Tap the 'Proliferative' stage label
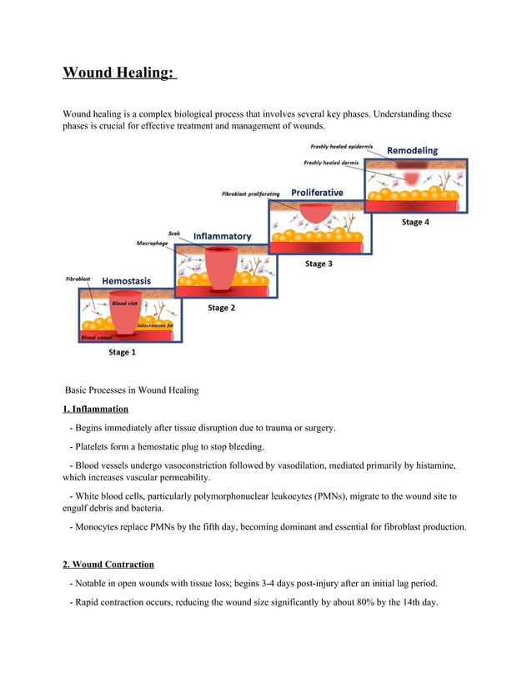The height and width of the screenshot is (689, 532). [x=317, y=193]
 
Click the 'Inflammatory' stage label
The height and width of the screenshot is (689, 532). [x=222, y=236]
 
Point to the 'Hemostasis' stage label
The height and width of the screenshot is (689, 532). [x=126, y=281]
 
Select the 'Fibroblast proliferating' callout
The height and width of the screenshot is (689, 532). [x=250, y=194]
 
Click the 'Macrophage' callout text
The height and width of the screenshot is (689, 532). [x=153, y=244]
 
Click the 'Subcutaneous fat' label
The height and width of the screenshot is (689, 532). [x=154, y=325]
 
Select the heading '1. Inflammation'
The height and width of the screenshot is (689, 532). [x=96, y=409]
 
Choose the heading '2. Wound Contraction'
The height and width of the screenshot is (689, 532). [x=108, y=565]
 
